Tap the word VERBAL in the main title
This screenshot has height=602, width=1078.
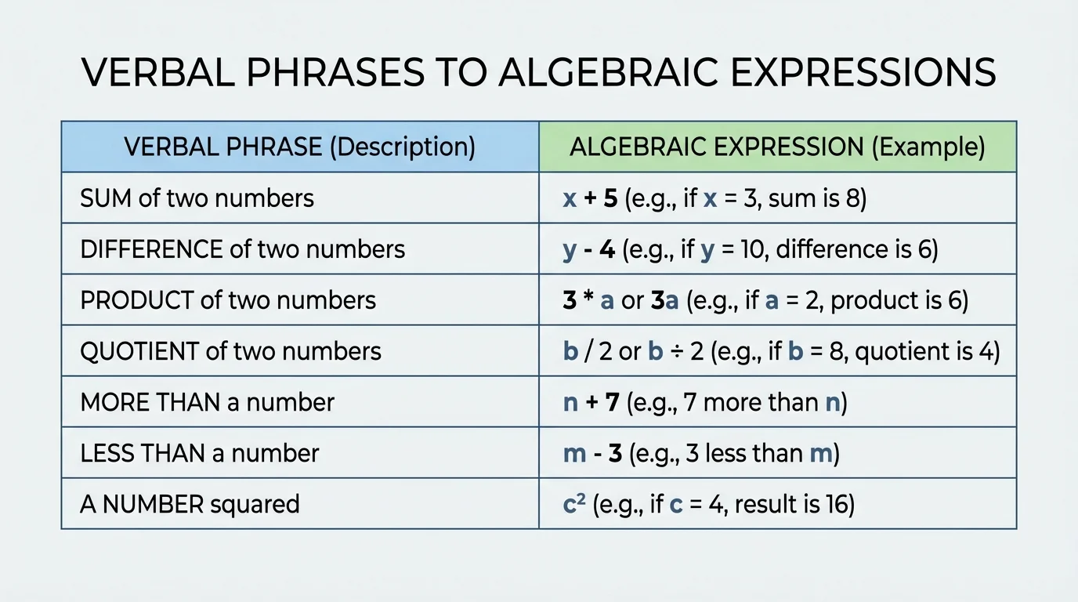click(153, 72)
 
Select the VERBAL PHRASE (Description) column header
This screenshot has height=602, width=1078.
click(300, 147)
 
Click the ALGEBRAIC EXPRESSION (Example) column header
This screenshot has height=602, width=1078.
click(777, 147)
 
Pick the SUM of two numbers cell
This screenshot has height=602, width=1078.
click(197, 198)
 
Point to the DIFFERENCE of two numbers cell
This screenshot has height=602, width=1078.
click(243, 249)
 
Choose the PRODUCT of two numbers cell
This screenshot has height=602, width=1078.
click(228, 300)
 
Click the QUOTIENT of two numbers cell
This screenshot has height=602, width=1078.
click(230, 351)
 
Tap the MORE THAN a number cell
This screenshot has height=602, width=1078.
click(207, 402)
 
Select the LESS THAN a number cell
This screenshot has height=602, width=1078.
click(199, 453)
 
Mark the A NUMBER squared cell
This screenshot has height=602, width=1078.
click(190, 504)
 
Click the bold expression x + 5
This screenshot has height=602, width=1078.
click(591, 198)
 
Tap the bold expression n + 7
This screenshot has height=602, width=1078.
click(591, 402)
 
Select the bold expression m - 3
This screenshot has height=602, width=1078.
click(592, 453)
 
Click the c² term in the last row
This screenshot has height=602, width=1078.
click(573, 503)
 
